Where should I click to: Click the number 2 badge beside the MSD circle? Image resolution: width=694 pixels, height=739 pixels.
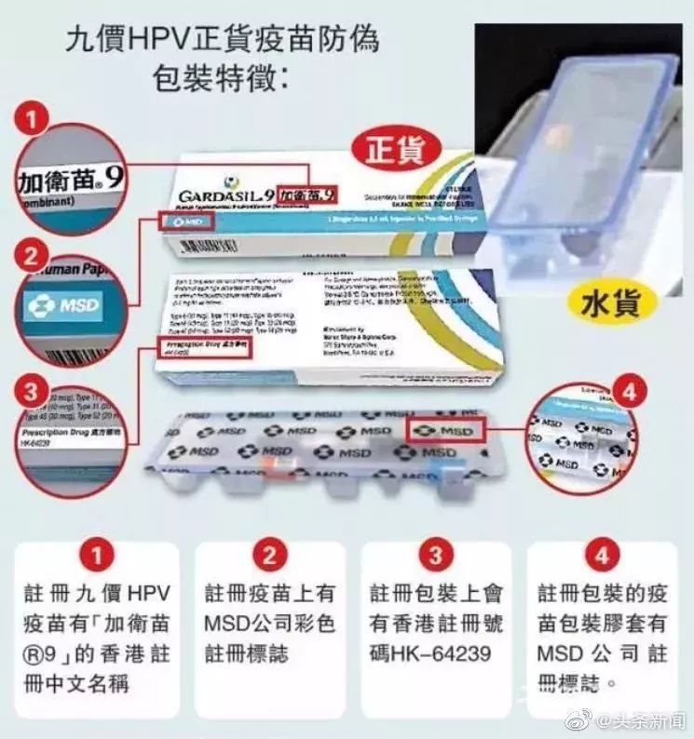(33, 253)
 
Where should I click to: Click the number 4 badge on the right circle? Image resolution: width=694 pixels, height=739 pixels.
(628, 392)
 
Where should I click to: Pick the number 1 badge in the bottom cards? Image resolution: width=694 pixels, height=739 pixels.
(96, 557)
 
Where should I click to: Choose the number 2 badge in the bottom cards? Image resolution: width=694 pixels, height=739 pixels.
(269, 557)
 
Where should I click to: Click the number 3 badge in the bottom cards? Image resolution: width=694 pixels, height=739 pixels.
(435, 557)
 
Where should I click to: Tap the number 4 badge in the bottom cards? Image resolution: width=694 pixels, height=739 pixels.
(602, 557)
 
